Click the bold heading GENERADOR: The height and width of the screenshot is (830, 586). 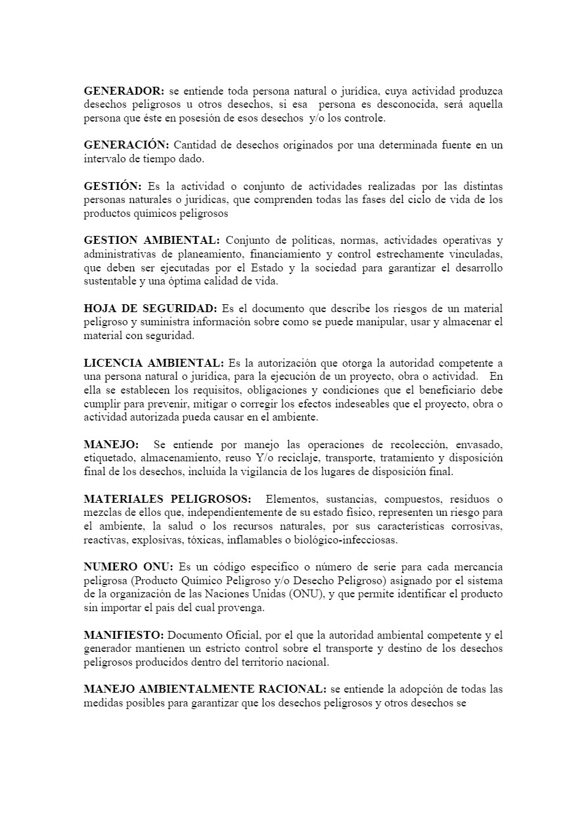[124, 91]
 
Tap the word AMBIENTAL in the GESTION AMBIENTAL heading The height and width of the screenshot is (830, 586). [187, 240]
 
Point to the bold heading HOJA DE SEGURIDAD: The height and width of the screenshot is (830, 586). [150, 308]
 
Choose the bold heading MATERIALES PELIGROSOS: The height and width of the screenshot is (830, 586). [168, 499]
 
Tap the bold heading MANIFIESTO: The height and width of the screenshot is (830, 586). [124, 635]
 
